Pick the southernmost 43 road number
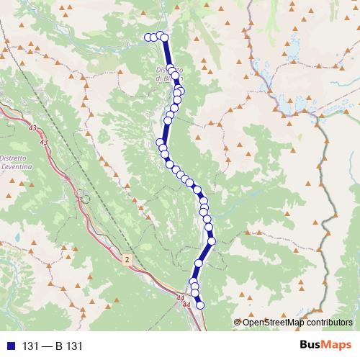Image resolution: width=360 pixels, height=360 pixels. [45, 143]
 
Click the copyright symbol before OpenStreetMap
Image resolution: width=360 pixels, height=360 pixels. [237, 322]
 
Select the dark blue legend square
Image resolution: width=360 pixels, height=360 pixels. [9, 346]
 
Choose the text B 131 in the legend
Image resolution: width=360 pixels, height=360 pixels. [71, 346]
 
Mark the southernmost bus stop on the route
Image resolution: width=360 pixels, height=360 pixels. [200, 305]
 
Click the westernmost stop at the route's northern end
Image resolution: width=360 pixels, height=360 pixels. [148, 37]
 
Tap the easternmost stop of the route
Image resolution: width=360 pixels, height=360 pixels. [212, 240]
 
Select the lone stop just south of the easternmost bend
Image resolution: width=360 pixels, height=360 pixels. [199, 264]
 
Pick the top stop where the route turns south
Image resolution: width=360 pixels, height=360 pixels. [164, 37]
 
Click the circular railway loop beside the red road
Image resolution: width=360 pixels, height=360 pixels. [84, 198]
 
